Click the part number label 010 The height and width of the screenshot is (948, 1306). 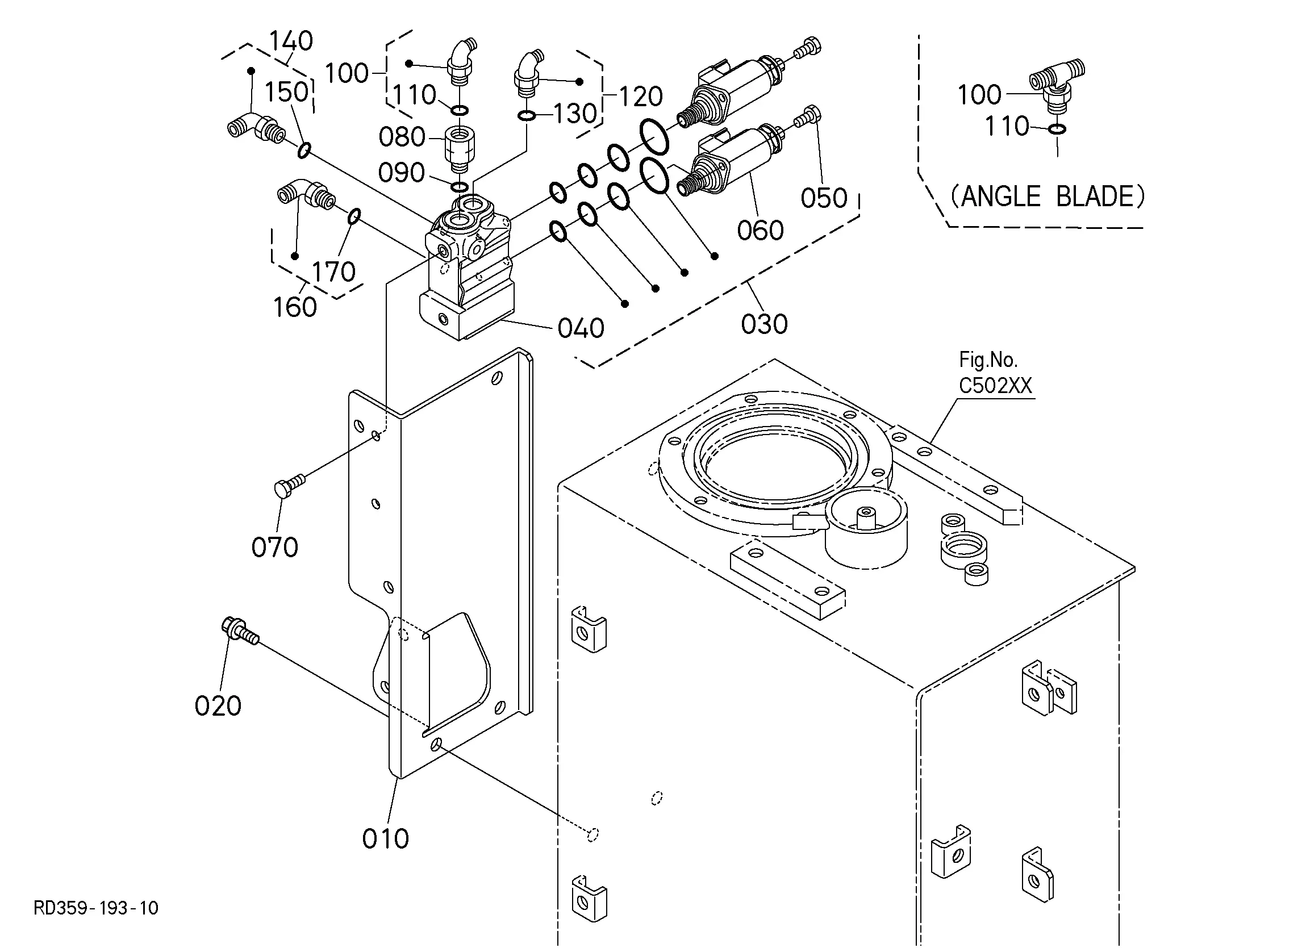point(385,838)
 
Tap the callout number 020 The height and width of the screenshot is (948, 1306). point(218,706)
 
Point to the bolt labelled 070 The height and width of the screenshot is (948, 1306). point(289,486)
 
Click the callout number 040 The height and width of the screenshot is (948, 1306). point(581,328)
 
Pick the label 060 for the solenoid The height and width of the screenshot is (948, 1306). point(760,231)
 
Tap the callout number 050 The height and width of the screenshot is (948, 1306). point(824,198)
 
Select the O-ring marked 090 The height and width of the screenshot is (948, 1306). point(460,187)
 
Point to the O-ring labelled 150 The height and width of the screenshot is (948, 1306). point(304,151)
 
